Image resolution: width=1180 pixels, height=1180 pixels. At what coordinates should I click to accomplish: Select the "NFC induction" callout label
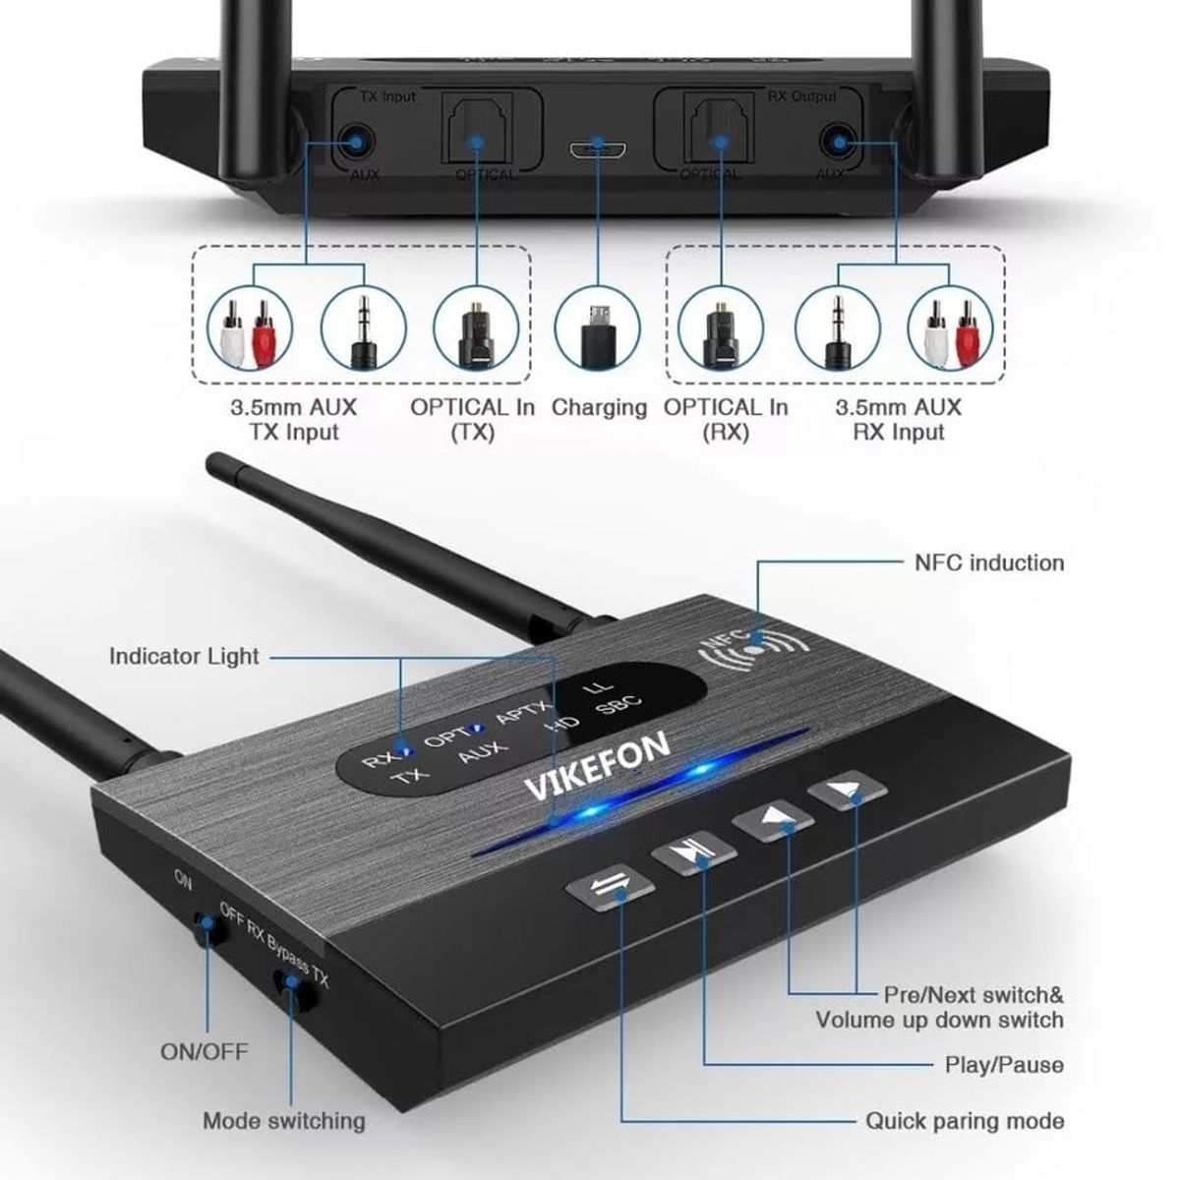pos(989,562)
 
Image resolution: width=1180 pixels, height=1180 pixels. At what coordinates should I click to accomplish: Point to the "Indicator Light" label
pos(184,656)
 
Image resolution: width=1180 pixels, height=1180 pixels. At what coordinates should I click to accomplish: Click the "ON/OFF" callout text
pos(205,1052)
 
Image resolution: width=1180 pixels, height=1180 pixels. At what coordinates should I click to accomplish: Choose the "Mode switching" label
pos(283,1120)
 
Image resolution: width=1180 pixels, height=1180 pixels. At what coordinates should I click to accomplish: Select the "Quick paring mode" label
pos(965,1120)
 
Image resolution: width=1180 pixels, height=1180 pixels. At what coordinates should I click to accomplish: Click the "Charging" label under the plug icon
pos(599,407)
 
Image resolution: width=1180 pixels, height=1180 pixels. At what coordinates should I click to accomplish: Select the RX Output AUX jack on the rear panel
pos(838,142)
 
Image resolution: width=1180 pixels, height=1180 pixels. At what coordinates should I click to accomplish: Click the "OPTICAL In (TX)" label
pos(472,419)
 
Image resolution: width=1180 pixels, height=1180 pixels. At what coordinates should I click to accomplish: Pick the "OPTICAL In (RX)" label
pos(726,419)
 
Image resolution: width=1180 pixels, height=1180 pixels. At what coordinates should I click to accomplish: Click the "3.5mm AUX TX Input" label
pos(293,419)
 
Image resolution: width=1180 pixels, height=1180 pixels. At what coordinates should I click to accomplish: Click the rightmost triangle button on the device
pos(849,794)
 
